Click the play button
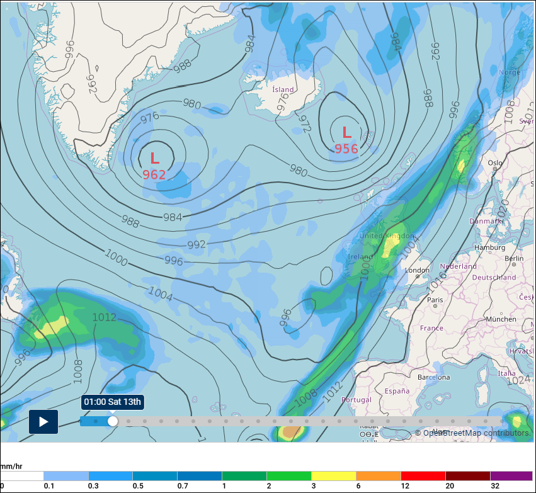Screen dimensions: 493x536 pyautogui.click(x=43, y=422)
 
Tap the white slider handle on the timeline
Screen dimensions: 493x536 pyautogui.click(x=113, y=421)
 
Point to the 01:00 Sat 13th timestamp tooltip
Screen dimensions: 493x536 pyautogui.click(x=113, y=402)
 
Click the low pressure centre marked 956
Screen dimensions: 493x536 pyautogui.click(x=346, y=140)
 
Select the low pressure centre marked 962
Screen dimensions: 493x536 pyautogui.click(x=154, y=166)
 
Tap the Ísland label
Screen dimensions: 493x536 pyautogui.click(x=283, y=89)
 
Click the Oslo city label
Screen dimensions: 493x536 pyautogui.click(x=495, y=163)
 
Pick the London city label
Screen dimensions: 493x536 pyautogui.click(x=418, y=270)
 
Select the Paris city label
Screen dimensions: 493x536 pyautogui.click(x=435, y=300)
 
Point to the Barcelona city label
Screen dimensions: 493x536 pyautogui.click(x=433, y=377)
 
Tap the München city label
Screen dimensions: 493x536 pyautogui.click(x=501, y=319)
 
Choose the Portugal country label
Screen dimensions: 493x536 pyautogui.click(x=356, y=400)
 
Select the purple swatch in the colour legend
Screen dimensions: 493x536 pyautogui.click(x=511, y=476)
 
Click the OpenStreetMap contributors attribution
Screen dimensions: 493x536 pyautogui.click(x=472, y=433)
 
